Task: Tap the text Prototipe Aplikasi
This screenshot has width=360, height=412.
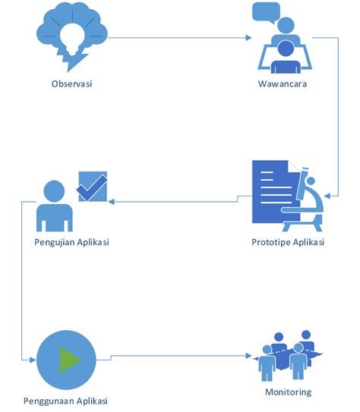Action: (x=288, y=242)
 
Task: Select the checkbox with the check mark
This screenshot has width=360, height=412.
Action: (x=92, y=187)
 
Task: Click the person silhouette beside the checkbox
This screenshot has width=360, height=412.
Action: (x=54, y=206)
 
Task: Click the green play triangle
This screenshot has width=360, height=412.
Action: (x=68, y=358)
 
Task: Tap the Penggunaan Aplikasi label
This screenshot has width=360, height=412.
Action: (x=65, y=401)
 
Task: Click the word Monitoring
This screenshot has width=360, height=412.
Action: (x=288, y=392)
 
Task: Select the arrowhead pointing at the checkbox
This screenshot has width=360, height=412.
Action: (x=111, y=201)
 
